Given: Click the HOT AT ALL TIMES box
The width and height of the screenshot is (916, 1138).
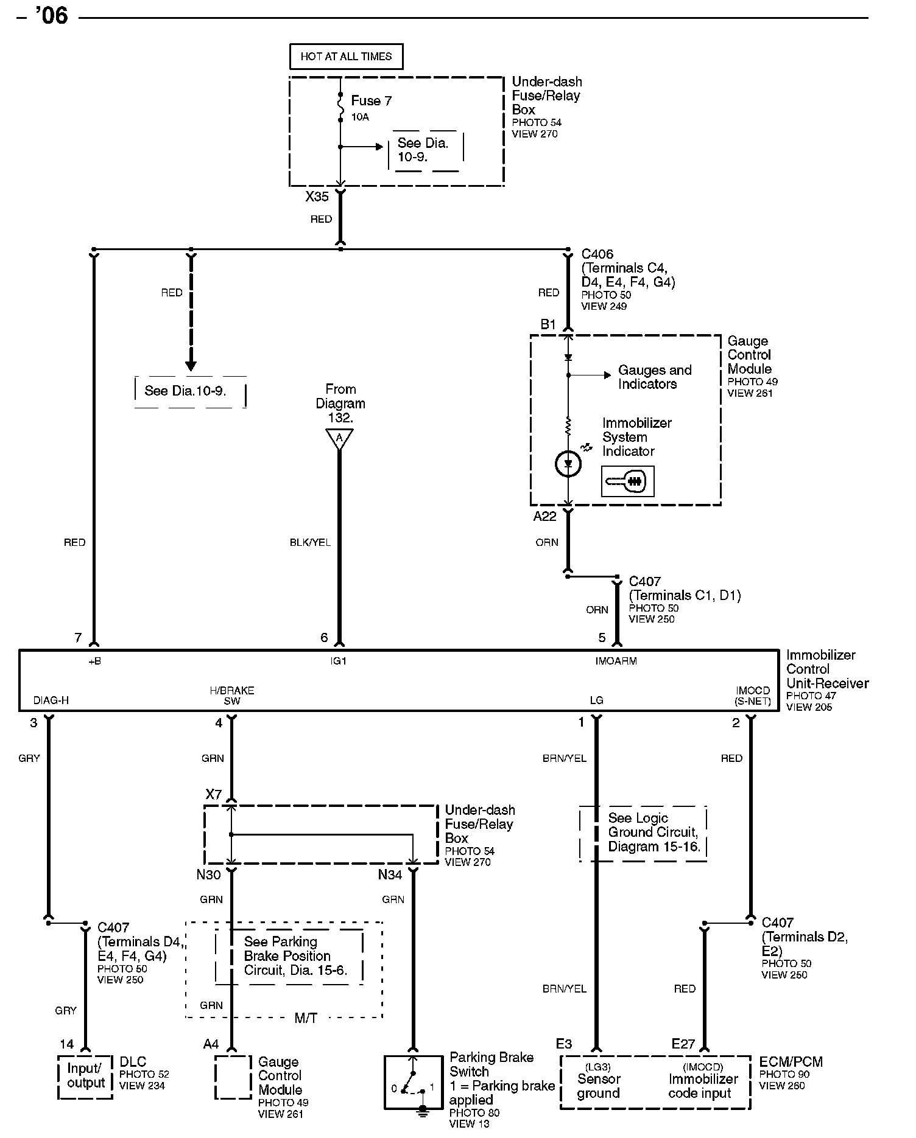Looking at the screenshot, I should pos(346,57).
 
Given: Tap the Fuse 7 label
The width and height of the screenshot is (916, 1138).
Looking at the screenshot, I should pos(371,100).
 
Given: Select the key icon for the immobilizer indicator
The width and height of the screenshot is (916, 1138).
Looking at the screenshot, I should pos(627,481).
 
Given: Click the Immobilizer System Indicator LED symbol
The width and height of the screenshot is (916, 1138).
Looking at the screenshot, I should pos(568,464).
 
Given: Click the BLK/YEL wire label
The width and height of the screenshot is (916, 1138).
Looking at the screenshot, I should pos(310,542).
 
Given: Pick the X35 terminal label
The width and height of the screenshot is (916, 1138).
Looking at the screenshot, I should pos(317,197).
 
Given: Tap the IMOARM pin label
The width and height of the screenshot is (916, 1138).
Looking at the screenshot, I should pos(616,661).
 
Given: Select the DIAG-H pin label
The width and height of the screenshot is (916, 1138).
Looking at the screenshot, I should pos(51,700).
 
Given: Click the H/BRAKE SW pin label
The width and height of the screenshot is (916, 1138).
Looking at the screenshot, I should pos(231,696).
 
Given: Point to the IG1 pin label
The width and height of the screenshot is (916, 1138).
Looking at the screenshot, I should pos(339,661).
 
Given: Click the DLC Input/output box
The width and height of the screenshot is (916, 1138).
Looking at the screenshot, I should pos(85,1077).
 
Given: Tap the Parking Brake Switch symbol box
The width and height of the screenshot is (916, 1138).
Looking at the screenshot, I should pos(413,1082).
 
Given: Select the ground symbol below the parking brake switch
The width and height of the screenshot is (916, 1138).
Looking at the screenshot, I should pos(421,1112).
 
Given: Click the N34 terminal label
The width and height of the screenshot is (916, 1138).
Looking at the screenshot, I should pos(390,875).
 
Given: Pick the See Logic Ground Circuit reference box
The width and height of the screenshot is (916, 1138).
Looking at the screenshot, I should pos(643,833).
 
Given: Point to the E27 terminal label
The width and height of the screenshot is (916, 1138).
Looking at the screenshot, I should pos(683,1044).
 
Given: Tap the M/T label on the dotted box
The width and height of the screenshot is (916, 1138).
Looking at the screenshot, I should pos(306,1019).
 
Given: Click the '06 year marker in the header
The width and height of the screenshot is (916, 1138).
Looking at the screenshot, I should pos(51,16).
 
